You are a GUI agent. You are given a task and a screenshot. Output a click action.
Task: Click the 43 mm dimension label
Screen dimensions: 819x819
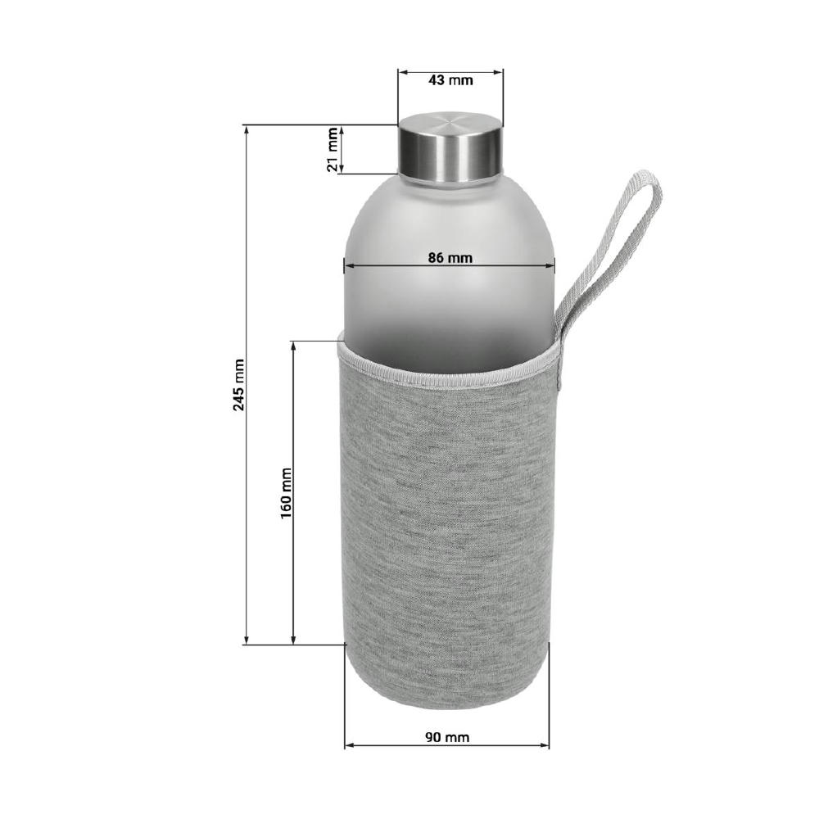[x=450, y=80]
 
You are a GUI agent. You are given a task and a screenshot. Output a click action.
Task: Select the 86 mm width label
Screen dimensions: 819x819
[x=450, y=258]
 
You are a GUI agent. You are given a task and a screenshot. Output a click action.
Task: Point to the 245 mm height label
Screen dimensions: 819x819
[x=238, y=384]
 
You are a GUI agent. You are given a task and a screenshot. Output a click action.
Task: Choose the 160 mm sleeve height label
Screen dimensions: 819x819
[x=286, y=492]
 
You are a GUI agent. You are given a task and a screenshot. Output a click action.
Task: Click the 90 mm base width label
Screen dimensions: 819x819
[x=447, y=737]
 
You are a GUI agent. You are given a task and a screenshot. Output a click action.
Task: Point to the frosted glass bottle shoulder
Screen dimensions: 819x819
[x=449, y=219]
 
